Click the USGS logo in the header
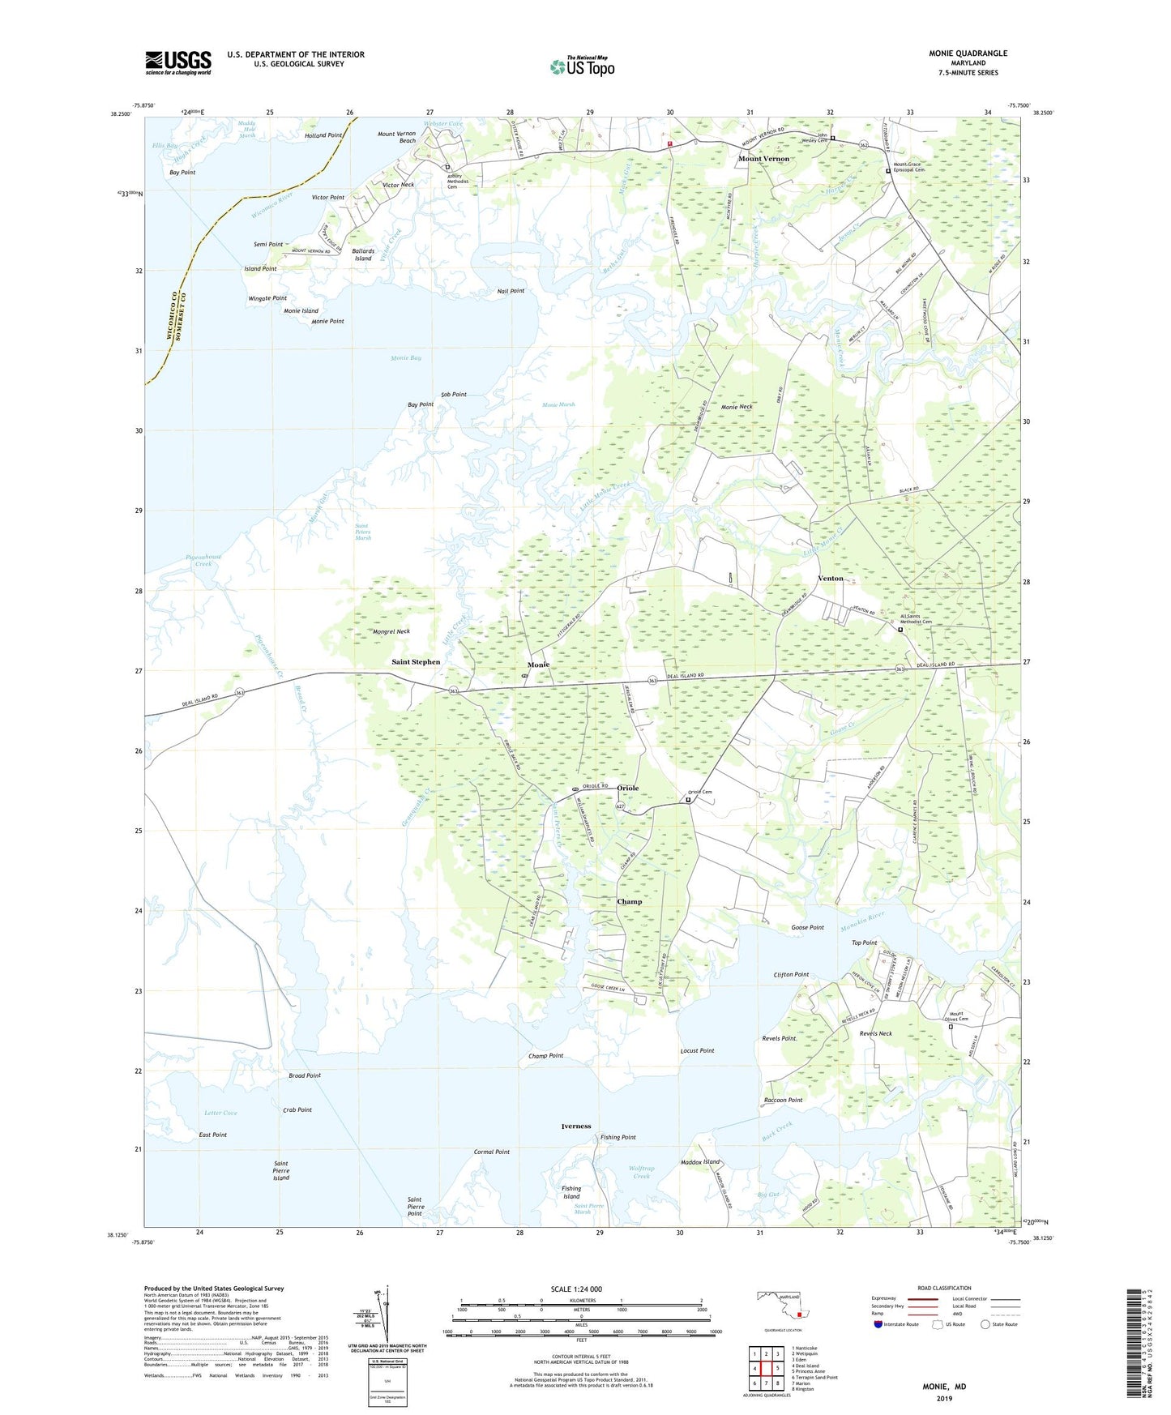(178, 62)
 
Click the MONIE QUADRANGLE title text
(968, 53)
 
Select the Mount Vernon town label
(763, 159)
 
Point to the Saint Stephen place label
(416, 662)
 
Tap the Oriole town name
(628, 789)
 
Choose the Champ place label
(629, 902)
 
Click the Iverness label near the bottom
(576, 1126)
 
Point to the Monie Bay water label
(405, 358)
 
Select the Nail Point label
(511, 291)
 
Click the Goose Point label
(807, 928)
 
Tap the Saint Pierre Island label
(281, 1171)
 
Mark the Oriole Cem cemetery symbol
(689, 800)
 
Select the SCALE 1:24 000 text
(576, 1289)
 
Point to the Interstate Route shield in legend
(880, 1324)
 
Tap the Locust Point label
(697, 1051)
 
